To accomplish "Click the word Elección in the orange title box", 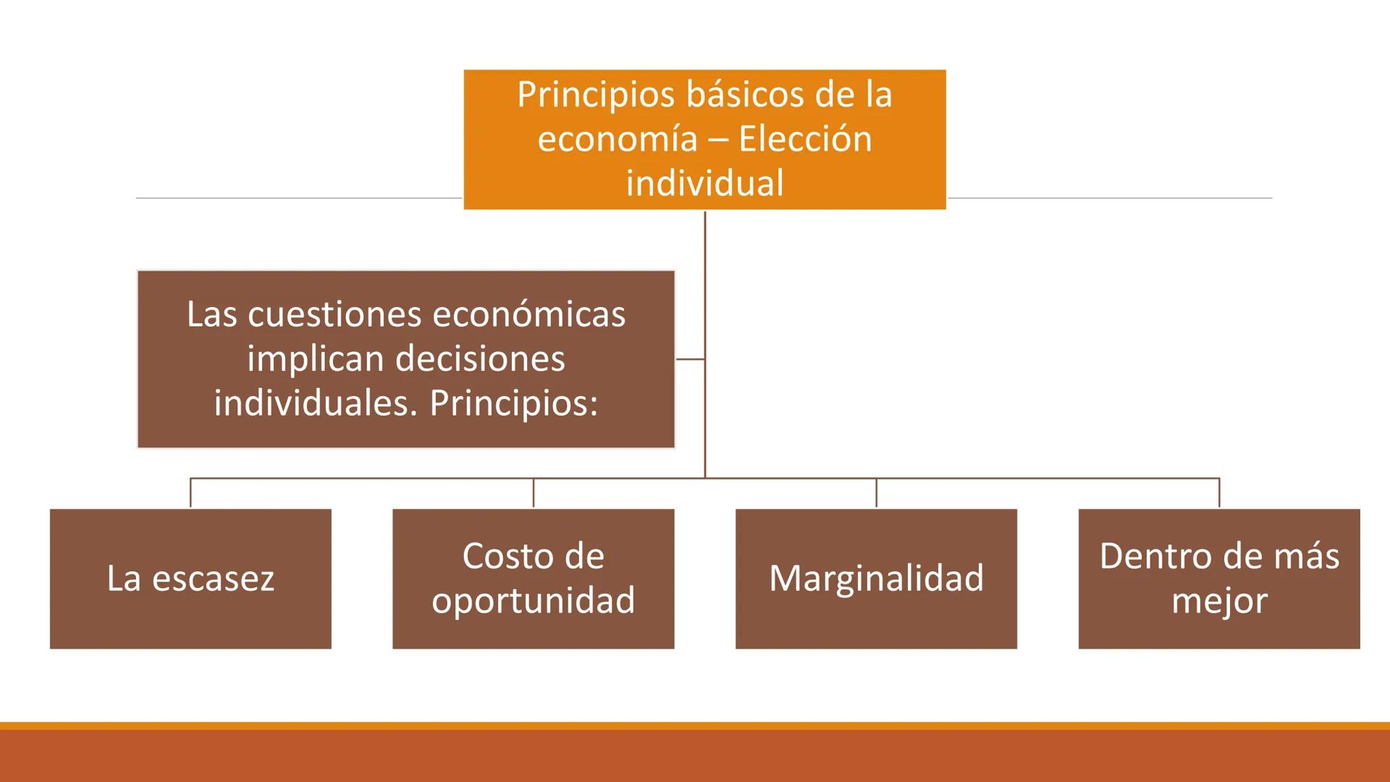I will pyautogui.click(x=805, y=138).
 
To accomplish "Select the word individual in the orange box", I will pyautogui.click(x=704, y=182).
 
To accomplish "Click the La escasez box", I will pyautogui.click(x=190, y=579).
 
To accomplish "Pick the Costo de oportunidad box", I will pyautogui.click(x=533, y=579).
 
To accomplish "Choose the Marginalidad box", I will pyautogui.click(x=876, y=579).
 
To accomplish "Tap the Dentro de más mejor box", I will pyautogui.click(x=1219, y=579).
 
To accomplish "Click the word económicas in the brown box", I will pyautogui.click(x=529, y=314).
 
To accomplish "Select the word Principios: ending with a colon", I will pyautogui.click(x=514, y=403).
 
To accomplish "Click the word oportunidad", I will pyautogui.click(x=533, y=600).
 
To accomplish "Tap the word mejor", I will pyautogui.click(x=1219, y=600).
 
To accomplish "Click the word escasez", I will pyautogui.click(x=214, y=579).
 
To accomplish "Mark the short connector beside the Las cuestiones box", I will pyautogui.click(x=690, y=358).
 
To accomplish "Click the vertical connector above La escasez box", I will pyautogui.click(x=190, y=493).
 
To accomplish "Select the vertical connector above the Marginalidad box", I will pyautogui.click(x=876, y=493).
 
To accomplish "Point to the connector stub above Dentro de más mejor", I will pyautogui.click(x=1219, y=493).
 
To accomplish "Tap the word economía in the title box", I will pyautogui.click(x=617, y=138).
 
